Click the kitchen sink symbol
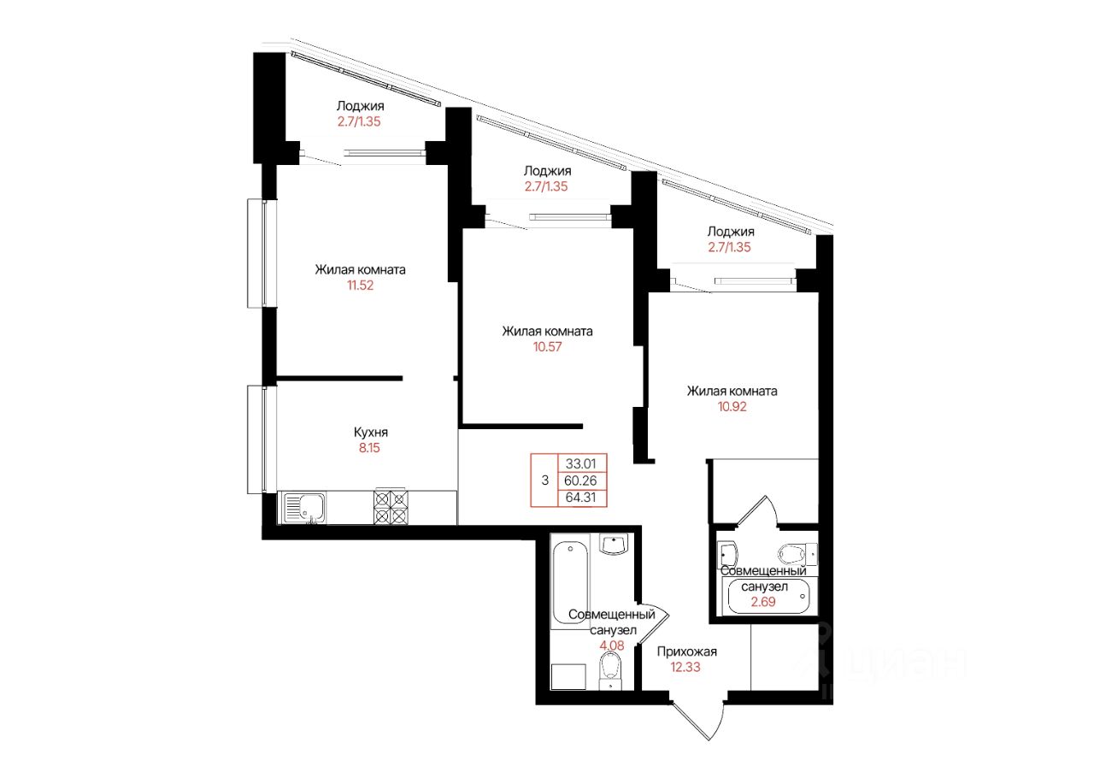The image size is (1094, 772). [x=304, y=508]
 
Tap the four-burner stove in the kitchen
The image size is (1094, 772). [x=391, y=507]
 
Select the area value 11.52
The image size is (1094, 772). [x=361, y=286]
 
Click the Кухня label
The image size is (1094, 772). [x=371, y=432]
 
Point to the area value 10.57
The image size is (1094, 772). [x=548, y=347]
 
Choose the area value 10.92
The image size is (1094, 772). [x=732, y=407]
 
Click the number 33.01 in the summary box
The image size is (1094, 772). [x=580, y=463]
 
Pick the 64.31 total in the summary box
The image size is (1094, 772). [x=580, y=498]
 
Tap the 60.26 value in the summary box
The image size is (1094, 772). [x=580, y=480]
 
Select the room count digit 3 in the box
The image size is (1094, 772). [x=545, y=480]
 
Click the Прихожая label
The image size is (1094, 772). [x=686, y=651]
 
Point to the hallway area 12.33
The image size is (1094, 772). [x=685, y=667]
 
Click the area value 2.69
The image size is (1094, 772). [x=763, y=602]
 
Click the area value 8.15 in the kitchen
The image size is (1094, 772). [x=369, y=448]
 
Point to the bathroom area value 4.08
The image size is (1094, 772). [x=612, y=645]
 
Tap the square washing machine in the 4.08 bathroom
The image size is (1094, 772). [x=568, y=677]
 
